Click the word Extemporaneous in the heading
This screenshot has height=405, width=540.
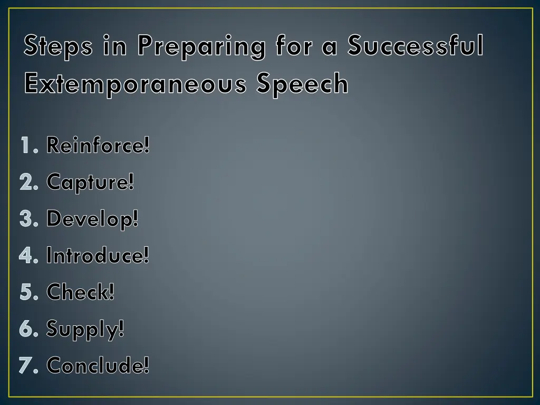[136, 84]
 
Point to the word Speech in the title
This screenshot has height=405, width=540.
[302, 84]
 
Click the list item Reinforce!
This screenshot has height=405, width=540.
[98, 145]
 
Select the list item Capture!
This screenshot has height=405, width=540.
[90, 182]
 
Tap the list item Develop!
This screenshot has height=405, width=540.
[92, 219]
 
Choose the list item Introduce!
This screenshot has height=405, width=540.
[98, 256]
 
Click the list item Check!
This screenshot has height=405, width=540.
[80, 292]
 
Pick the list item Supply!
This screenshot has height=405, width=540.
[85, 330]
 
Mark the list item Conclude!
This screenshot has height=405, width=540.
[98, 365]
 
